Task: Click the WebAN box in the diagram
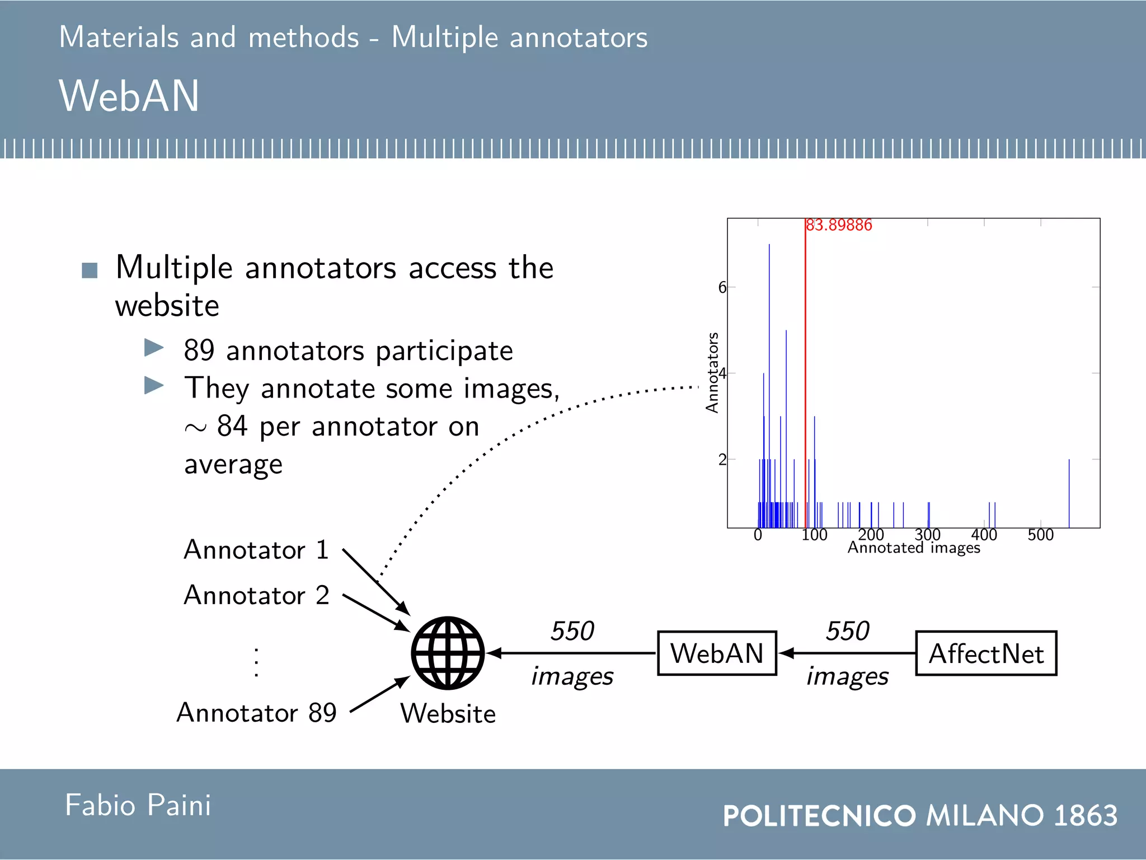pyautogui.click(x=717, y=653)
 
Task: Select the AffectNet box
pyautogui.click(x=986, y=653)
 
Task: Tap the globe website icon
pyautogui.click(x=448, y=653)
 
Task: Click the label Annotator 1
pyautogui.click(x=256, y=550)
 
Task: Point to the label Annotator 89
pyautogui.click(x=256, y=713)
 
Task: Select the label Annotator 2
pyautogui.click(x=256, y=595)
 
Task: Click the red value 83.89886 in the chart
pyautogui.click(x=839, y=225)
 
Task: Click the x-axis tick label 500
pyautogui.click(x=1040, y=535)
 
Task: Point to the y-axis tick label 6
pyautogui.click(x=722, y=287)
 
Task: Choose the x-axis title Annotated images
pyautogui.click(x=914, y=548)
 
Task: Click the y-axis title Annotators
pyautogui.click(x=712, y=373)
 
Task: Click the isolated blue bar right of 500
pyautogui.click(x=1069, y=493)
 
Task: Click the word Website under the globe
pyautogui.click(x=448, y=714)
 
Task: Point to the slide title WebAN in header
pyautogui.click(x=129, y=96)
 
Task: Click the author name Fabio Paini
pyautogui.click(x=138, y=805)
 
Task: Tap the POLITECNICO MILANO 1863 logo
pyautogui.click(x=920, y=815)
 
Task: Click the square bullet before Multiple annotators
pyautogui.click(x=90, y=270)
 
